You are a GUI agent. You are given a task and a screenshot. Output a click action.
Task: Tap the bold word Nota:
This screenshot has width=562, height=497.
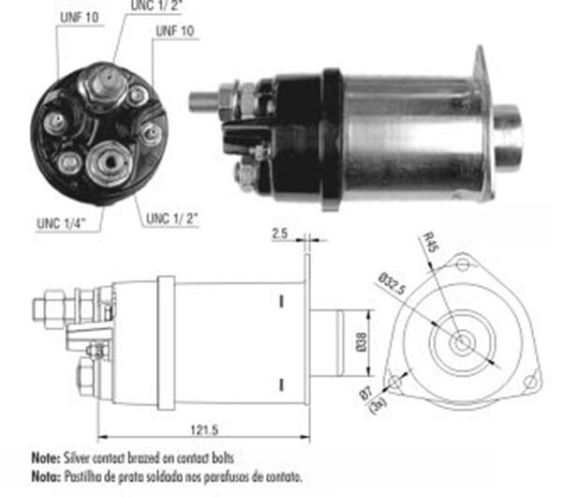tap(45, 474)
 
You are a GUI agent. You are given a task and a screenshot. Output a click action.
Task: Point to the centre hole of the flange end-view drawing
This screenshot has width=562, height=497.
tap(461, 343)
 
